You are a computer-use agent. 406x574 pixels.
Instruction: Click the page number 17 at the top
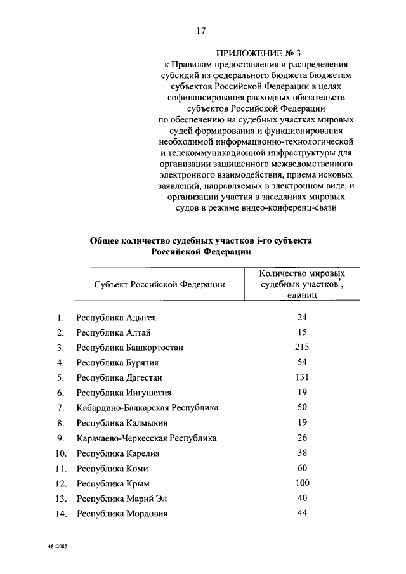[202, 30]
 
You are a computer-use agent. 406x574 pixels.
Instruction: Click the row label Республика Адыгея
[116, 317]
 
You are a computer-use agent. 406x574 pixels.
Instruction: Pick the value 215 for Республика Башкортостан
[301, 347]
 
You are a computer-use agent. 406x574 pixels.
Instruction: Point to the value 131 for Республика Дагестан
[301, 377]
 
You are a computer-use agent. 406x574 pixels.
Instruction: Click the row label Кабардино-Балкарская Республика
[147, 408]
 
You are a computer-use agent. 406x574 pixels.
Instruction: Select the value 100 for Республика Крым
[301, 483]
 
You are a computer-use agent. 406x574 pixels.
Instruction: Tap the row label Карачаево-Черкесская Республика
[147, 438]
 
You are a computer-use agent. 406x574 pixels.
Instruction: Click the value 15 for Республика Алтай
[301, 332]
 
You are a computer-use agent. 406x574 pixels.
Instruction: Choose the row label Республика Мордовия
[122, 514]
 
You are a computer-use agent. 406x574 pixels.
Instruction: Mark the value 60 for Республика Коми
[301, 468]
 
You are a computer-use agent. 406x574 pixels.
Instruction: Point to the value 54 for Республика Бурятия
[301, 362]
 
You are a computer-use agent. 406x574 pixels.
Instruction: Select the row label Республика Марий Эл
[121, 499]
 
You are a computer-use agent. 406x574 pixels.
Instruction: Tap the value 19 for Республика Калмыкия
[301, 422]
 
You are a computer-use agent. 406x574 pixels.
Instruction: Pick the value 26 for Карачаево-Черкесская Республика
[301, 438]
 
